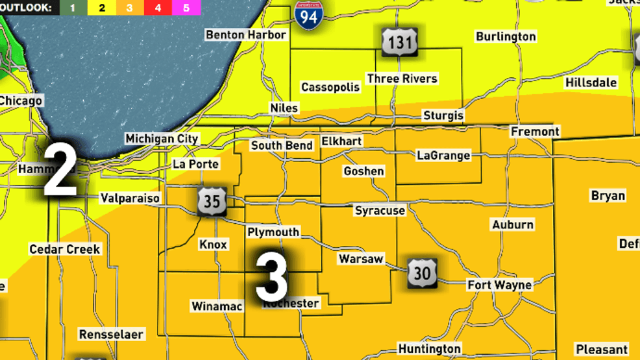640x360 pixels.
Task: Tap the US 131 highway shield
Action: click(399, 43)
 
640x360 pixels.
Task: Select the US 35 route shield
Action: click(212, 201)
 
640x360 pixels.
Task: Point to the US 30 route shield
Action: click(422, 272)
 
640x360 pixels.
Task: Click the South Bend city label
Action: click(282, 145)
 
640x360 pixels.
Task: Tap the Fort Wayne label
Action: click(499, 285)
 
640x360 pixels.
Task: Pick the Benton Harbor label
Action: click(246, 34)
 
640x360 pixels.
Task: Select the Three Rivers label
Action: click(402, 78)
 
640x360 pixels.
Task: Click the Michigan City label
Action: click(162, 139)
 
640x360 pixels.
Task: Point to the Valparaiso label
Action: click(130, 198)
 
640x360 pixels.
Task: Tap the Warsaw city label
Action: click(361, 259)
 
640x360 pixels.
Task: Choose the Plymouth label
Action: click(273, 232)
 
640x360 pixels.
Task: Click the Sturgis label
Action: click(443, 115)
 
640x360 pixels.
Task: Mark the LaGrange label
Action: click(443, 156)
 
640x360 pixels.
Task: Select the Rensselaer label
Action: click(112, 335)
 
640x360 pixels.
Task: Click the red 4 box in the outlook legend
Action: click(158, 8)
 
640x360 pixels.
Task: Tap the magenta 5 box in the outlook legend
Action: click(186, 8)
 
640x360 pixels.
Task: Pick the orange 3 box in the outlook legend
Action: click(129, 8)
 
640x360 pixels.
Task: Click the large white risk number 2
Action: click(60, 171)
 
